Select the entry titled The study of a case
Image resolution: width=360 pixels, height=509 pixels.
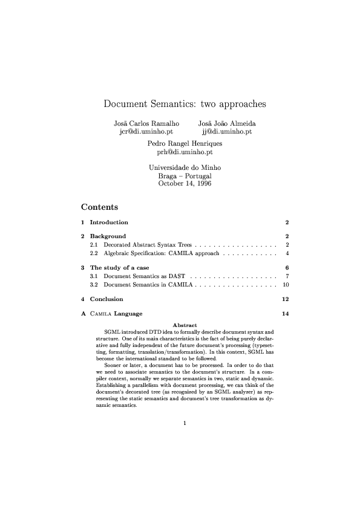pos(119,267)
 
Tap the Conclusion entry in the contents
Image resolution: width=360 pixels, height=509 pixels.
pos(106,299)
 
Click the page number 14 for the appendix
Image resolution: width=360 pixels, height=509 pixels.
pos(286,314)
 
